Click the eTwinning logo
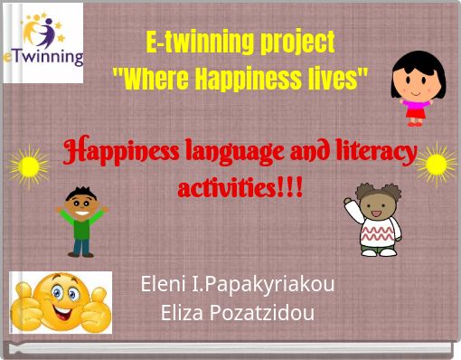coord(42,43)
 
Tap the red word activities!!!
coord(240,189)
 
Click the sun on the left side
coord(30,165)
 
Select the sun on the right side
coord(436,163)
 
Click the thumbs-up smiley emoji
coord(61,302)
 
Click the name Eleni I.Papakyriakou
coord(238,284)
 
